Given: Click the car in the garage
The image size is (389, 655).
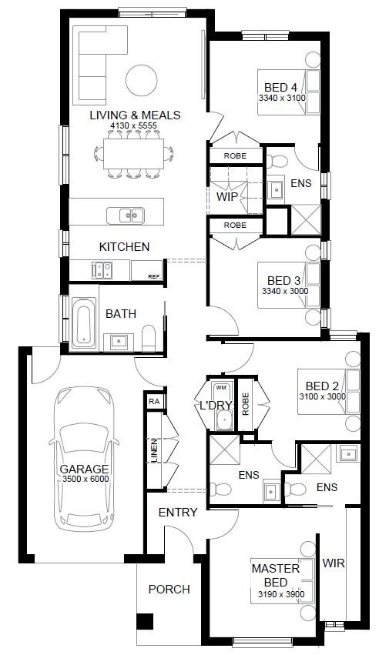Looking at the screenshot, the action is click(x=84, y=459).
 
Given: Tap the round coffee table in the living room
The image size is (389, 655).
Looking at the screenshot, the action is click(x=142, y=80).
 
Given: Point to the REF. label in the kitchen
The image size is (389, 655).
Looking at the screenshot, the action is click(x=154, y=276).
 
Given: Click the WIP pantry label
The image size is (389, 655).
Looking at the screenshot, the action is click(x=227, y=197).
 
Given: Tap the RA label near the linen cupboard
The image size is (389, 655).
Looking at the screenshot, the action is click(x=154, y=402).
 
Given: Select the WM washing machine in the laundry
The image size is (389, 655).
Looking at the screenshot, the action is click(x=221, y=388).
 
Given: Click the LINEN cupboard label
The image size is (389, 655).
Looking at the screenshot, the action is click(x=154, y=450).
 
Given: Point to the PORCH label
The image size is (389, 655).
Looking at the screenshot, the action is click(x=169, y=589).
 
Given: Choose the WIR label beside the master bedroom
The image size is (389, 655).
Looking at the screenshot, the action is click(x=334, y=563).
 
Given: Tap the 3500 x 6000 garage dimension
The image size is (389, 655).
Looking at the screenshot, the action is click(x=86, y=479).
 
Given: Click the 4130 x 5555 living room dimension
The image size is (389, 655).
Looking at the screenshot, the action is click(x=133, y=125).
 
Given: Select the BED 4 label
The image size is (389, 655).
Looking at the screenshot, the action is click(x=280, y=88).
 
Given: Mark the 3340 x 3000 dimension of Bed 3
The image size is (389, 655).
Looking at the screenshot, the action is click(x=285, y=291).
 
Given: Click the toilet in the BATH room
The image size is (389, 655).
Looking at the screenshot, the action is click(x=149, y=338).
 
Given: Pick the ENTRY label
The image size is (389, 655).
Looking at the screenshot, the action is click(x=178, y=512).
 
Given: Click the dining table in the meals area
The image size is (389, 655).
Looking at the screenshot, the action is click(x=133, y=154).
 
